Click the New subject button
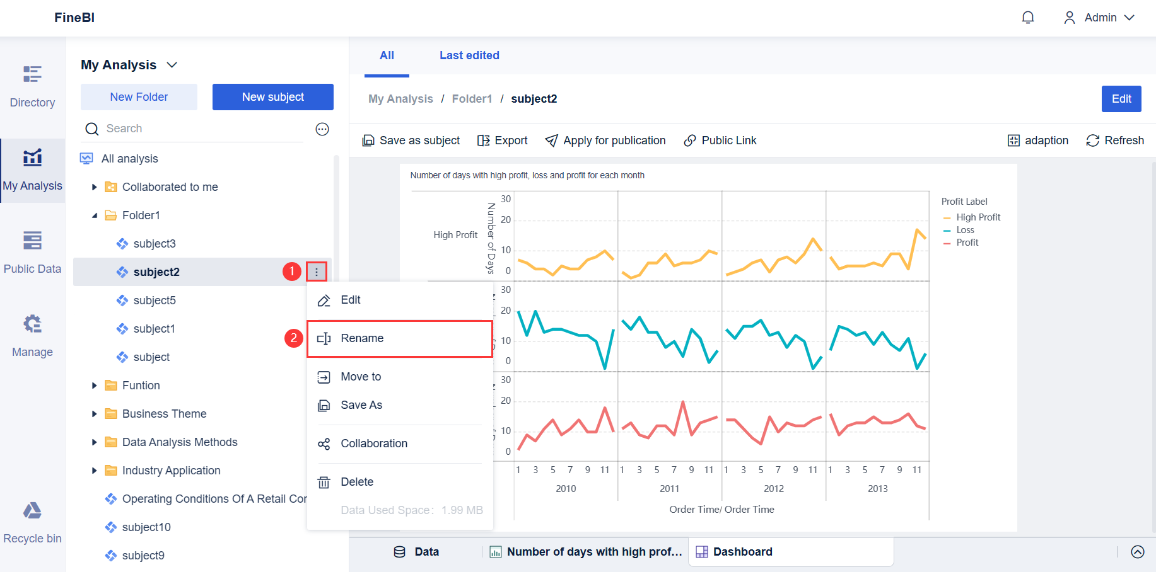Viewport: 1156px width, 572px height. click(x=272, y=97)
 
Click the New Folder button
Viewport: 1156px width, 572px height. click(x=139, y=97)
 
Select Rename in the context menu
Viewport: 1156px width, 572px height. click(x=362, y=338)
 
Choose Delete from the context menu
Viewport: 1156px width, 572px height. click(x=357, y=482)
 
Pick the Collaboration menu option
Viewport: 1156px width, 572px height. click(x=374, y=443)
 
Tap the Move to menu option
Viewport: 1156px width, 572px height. click(x=361, y=377)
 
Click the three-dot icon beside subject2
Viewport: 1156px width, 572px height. click(x=317, y=272)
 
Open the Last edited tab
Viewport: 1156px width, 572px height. click(x=469, y=55)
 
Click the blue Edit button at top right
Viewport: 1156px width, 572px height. click(x=1121, y=99)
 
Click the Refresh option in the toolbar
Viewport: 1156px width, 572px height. click(x=1115, y=140)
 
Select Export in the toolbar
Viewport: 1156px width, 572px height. click(x=503, y=140)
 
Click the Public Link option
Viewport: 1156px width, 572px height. click(x=720, y=140)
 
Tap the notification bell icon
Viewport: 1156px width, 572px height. click(x=1028, y=18)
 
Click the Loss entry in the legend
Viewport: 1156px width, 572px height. click(x=965, y=230)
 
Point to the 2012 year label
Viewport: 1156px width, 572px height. click(x=774, y=489)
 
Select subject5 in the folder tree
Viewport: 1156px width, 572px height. click(x=155, y=300)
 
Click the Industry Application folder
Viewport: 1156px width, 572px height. click(x=171, y=471)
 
